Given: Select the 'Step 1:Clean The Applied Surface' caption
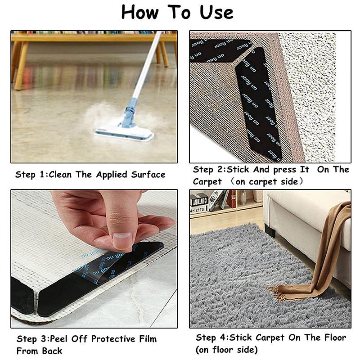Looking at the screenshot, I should [90, 174].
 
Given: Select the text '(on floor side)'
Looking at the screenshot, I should [226, 350].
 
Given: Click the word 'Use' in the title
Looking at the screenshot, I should [215, 12].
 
